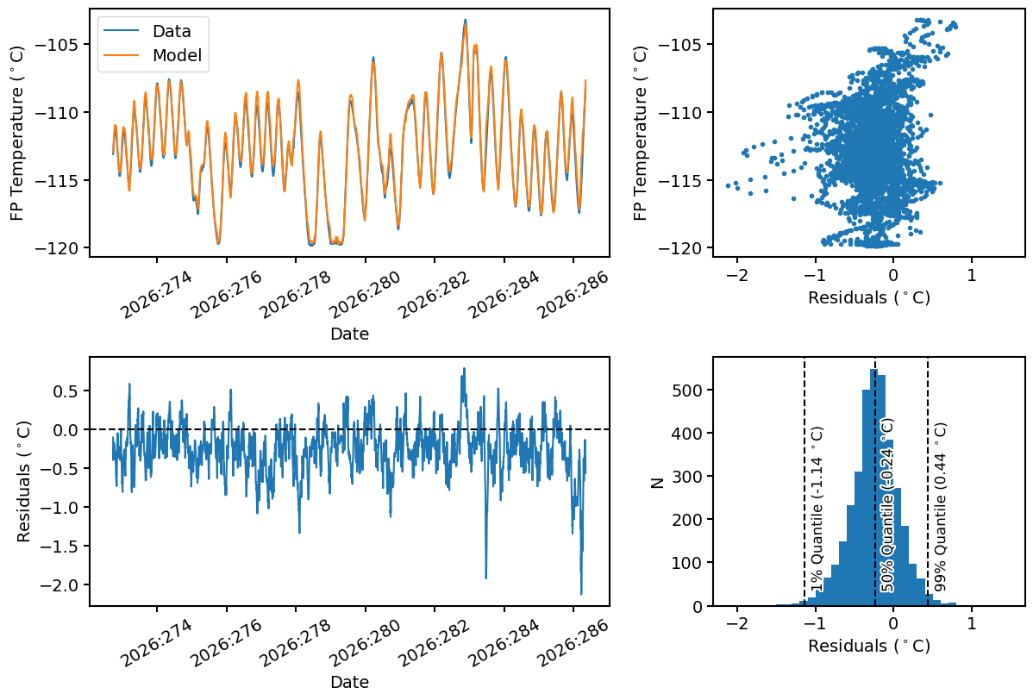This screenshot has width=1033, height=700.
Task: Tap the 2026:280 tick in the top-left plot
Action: (x=364, y=293)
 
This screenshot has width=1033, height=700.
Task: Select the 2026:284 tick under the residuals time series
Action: (x=503, y=642)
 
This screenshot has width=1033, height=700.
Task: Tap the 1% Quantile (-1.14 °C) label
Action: (x=817, y=509)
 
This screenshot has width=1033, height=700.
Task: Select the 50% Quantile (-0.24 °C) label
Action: (x=887, y=506)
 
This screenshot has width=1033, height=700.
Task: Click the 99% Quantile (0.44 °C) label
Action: (x=940, y=507)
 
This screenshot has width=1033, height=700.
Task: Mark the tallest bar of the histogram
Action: (x=874, y=487)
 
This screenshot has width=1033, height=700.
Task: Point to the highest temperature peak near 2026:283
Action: (x=465, y=20)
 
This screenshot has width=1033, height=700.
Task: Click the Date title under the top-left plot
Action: (x=349, y=334)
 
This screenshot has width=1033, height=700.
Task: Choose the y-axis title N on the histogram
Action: (x=656, y=482)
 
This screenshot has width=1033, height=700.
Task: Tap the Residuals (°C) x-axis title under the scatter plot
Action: (x=869, y=297)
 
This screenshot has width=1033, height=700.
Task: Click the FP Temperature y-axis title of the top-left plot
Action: (x=16, y=133)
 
